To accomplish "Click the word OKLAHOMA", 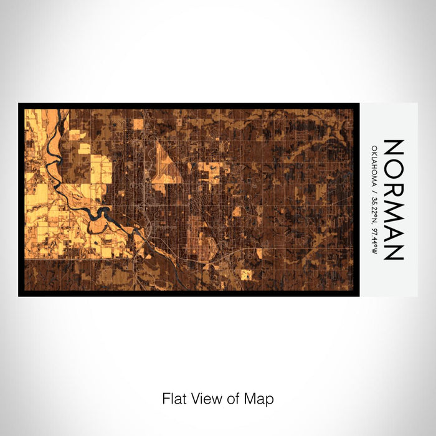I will (x=374, y=166).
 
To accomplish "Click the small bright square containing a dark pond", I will (x=247, y=274).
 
